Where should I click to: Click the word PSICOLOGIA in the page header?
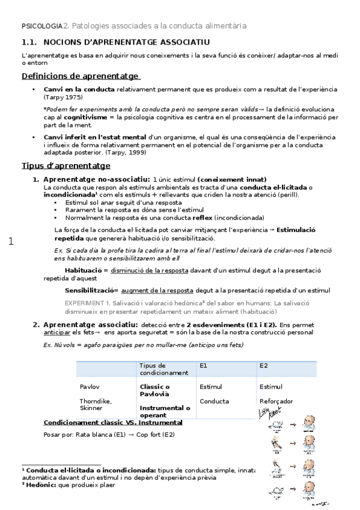pyautogui.click(x=42, y=26)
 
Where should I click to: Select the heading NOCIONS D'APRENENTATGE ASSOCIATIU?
pyautogui.click(x=127, y=42)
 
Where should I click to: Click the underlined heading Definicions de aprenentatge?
pyautogui.click(x=81, y=76)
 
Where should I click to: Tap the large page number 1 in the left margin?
pyautogui.click(x=10, y=242)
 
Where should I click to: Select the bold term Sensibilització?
pyautogui.click(x=91, y=290)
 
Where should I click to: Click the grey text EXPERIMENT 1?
pyautogui.click(x=87, y=303)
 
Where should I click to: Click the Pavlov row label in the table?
pyautogui.click(x=88, y=387)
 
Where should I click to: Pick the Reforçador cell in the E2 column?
pyautogui.click(x=276, y=401)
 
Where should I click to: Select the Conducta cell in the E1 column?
pyautogui.click(x=214, y=401)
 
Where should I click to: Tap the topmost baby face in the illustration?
pyautogui.click(x=308, y=422)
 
